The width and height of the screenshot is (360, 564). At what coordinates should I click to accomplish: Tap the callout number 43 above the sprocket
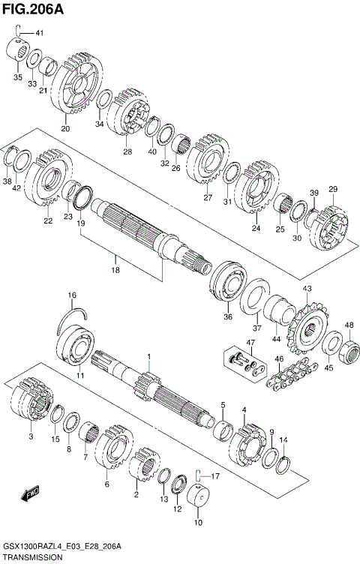click(x=307, y=289)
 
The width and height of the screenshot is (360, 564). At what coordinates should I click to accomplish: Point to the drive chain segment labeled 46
click(x=288, y=372)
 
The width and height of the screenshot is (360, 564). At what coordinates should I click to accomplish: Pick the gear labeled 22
click(x=49, y=184)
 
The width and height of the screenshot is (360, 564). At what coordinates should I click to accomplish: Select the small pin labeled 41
click(x=23, y=32)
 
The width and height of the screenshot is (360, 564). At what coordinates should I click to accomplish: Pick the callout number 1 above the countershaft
click(x=148, y=357)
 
